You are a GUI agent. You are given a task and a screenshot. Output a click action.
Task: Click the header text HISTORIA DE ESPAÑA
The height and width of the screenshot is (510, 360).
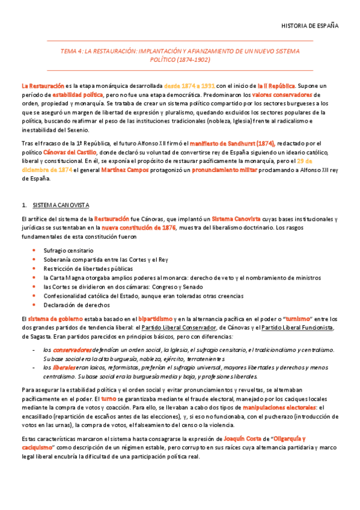310,26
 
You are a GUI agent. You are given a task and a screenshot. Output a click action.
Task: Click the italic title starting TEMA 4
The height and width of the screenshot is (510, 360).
180,56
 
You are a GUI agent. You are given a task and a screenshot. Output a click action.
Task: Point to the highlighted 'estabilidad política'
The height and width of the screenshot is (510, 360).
78,95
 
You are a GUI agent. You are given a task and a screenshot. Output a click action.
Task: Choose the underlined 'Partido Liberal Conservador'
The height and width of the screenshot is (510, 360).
199,327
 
